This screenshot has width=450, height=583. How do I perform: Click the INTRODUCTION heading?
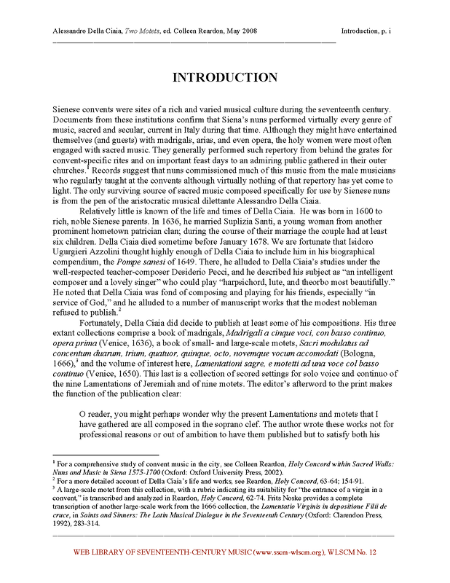pyautogui.click(x=224, y=77)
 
